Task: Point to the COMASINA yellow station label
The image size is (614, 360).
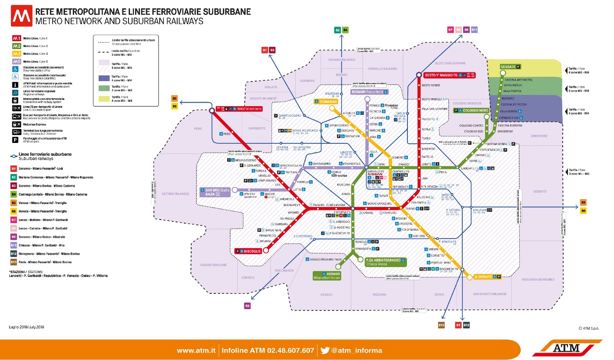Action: [325, 102]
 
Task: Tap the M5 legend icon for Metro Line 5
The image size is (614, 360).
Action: [16, 61]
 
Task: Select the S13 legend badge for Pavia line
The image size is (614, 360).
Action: [14, 262]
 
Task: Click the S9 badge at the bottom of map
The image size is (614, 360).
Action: [247, 306]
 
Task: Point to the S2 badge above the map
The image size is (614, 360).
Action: [337, 30]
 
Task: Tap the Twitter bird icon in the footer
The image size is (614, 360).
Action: [325, 350]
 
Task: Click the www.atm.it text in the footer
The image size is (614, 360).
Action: [196, 350]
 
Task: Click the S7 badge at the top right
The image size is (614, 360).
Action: [450, 30]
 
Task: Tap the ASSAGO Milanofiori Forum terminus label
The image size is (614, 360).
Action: [327, 275]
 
